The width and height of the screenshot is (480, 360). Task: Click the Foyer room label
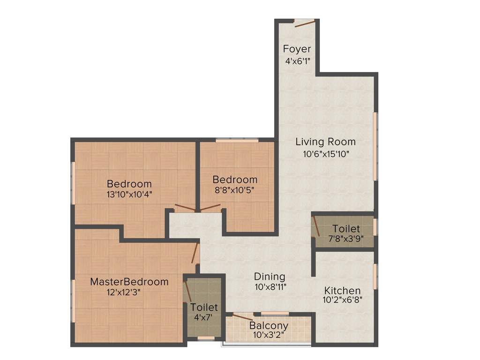click(x=297, y=49)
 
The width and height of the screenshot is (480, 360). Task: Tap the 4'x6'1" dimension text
click(x=297, y=61)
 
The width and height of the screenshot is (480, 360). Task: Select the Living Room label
click(x=325, y=142)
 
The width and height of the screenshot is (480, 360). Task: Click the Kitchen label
click(x=343, y=291)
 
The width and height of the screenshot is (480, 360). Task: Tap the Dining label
click(x=270, y=277)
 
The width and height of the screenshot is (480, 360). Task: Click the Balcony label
click(x=269, y=325)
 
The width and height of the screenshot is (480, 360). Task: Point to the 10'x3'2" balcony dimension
click(x=269, y=335)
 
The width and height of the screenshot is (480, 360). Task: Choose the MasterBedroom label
click(x=129, y=282)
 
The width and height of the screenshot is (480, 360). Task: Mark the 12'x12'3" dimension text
click(x=124, y=292)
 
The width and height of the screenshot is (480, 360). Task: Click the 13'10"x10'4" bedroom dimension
click(x=129, y=193)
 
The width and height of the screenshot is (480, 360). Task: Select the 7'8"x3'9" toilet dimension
click(x=346, y=239)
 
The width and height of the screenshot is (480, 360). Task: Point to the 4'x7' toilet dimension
click(x=204, y=317)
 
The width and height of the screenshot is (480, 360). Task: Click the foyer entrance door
click(x=305, y=23)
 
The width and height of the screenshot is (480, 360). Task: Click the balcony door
click(x=243, y=318)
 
